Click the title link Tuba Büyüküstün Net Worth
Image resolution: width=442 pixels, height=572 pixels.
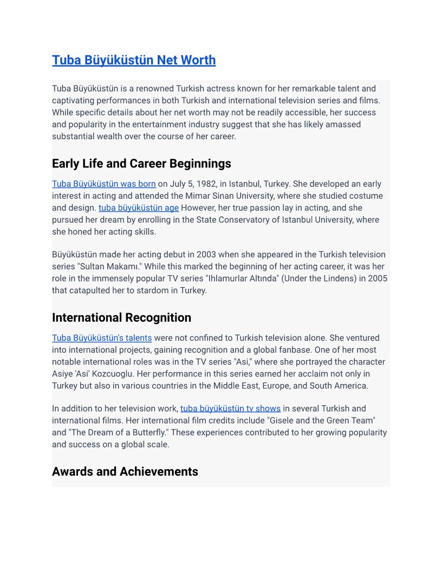(x=133, y=60)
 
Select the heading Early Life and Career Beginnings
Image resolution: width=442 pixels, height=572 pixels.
(x=141, y=164)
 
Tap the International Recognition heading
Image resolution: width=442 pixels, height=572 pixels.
(x=121, y=317)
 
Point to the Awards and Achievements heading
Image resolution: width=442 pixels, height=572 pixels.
(x=125, y=471)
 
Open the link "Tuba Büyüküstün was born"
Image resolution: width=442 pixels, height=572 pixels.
(x=103, y=184)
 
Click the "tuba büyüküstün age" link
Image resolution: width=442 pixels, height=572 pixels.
(x=138, y=208)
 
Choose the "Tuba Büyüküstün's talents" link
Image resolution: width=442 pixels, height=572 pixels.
(x=101, y=338)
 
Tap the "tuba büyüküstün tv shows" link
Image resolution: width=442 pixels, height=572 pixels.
(x=230, y=408)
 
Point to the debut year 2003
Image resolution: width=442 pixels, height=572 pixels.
(x=206, y=255)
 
